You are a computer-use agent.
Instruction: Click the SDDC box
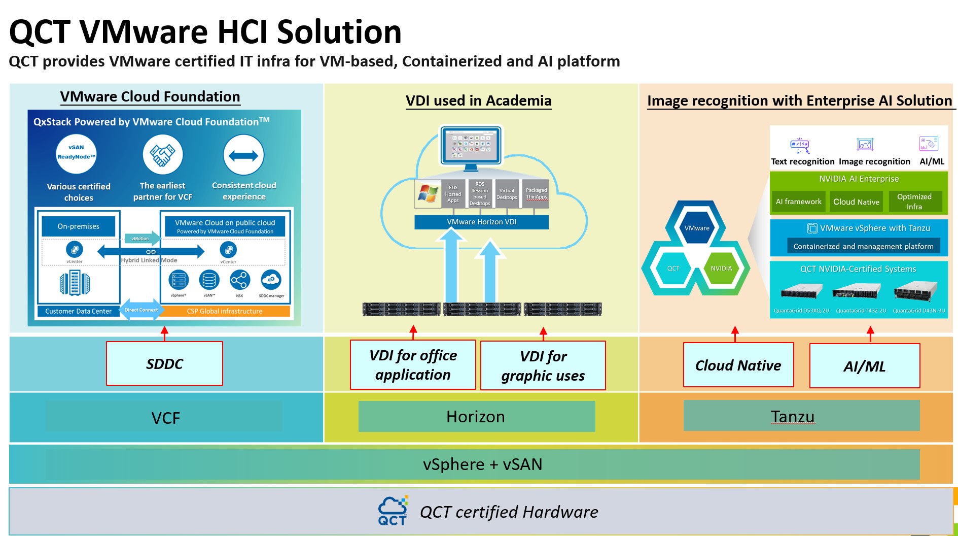pos(164,363)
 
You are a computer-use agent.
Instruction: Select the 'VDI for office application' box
pos(413,365)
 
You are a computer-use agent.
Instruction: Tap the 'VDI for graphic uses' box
pos(543,365)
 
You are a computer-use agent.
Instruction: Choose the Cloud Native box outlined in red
pos(738,365)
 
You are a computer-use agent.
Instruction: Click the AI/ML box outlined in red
pos(864,366)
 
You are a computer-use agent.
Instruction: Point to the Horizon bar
pos(476,417)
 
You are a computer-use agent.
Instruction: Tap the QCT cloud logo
pos(393,511)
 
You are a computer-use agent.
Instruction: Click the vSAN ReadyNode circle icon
pos(76,154)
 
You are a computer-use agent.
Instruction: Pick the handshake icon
pos(162,154)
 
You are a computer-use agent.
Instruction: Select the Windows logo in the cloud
pos(428,193)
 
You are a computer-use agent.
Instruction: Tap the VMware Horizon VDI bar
pos(481,222)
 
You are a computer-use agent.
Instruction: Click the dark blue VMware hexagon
pos(697,228)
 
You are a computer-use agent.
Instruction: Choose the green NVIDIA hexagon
pos(721,269)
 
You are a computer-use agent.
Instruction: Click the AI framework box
pos(798,202)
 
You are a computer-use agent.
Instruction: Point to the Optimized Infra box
pos(914,202)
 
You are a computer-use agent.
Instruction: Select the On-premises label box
pos(79,226)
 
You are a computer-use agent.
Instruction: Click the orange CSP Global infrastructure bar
pos(225,311)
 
